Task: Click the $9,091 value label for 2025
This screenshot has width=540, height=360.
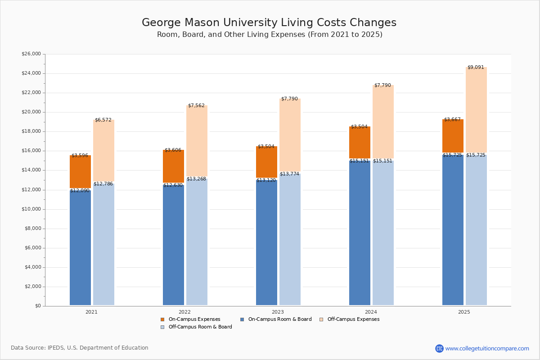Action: point(476,67)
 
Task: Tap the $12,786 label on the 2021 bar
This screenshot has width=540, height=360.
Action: point(103,184)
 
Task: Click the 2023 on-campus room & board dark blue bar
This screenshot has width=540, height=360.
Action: point(266,243)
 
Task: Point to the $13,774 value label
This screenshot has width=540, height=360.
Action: point(289,174)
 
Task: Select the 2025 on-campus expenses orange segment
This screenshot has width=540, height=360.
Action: point(453,136)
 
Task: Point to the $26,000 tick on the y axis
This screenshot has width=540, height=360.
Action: point(31,54)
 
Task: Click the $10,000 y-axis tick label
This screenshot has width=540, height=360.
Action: point(31,209)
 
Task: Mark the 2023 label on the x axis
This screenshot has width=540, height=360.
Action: point(278,312)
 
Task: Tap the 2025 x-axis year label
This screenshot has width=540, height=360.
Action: point(464,312)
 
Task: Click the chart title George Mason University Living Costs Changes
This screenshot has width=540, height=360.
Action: point(269,23)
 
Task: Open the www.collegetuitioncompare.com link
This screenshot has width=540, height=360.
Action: point(487,348)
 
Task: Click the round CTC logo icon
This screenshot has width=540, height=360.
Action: point(439,348)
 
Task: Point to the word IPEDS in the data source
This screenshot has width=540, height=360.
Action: point(56,348)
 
